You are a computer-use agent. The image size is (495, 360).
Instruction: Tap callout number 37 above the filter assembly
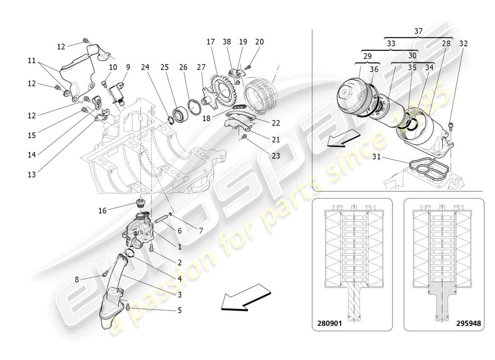point(418,31)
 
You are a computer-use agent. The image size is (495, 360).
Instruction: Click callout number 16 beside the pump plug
point(103,210)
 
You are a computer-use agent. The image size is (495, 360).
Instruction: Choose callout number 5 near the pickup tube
point(180,310)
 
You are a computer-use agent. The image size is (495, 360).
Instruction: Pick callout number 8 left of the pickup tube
point(77,279)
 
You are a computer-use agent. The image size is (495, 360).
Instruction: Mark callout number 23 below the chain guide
point(275,156)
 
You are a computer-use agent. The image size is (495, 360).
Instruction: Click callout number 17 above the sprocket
point(211,42)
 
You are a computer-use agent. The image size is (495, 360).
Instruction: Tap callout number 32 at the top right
point(464,44)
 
